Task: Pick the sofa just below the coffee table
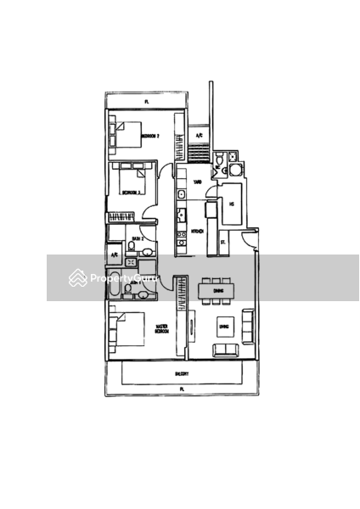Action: coord(226,348)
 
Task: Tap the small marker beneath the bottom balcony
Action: coord(181,389)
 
